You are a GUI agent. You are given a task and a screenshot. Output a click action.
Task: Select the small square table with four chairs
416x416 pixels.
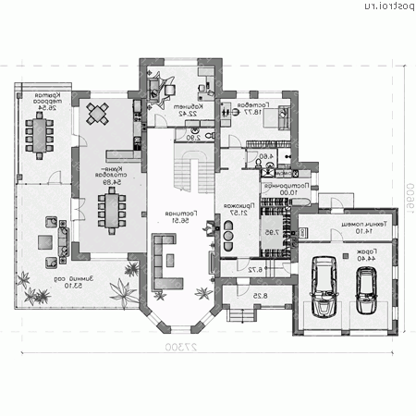click(97, 115)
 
